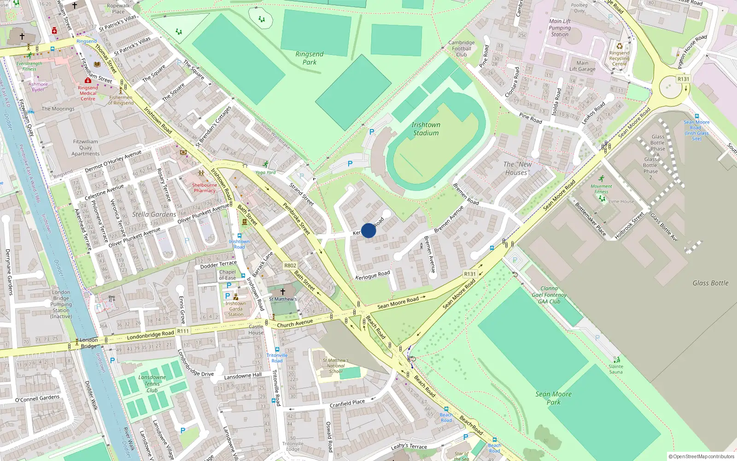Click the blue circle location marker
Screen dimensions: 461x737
368,230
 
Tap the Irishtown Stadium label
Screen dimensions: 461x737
426,129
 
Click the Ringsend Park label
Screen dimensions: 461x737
309,58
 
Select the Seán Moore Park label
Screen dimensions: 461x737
553,398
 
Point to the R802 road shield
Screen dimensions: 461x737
290,266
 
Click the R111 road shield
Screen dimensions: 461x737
183,331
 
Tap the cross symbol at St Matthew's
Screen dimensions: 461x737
283,291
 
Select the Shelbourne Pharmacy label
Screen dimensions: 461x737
205,188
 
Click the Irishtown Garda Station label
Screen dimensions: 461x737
235,309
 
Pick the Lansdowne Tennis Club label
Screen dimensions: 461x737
152,384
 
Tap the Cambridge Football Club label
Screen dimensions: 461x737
462,48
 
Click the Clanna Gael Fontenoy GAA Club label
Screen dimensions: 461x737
549,295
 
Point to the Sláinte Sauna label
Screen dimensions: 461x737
616,369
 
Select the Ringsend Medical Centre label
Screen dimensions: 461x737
88,93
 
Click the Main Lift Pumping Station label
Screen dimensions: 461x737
560,28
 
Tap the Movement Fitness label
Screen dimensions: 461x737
601,189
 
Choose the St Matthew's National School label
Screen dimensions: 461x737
335,366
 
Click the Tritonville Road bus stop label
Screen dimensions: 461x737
277,358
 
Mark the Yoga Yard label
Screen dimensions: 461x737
265,172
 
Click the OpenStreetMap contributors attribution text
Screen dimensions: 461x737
701,456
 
